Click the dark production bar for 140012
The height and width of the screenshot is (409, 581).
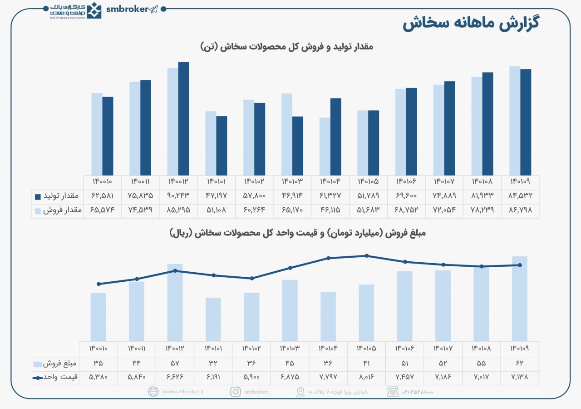183,118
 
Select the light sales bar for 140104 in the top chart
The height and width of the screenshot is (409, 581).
325,146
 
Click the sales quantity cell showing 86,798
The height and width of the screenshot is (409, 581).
520,210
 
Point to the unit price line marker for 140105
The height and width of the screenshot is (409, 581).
367,256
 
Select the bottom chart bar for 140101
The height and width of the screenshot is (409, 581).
213,319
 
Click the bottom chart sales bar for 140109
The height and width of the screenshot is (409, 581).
520,299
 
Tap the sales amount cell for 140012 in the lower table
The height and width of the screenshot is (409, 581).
175,364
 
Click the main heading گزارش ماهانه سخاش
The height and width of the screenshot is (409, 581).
471,24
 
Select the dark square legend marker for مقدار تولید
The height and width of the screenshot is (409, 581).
38,197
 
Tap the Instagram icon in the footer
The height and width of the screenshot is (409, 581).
235,392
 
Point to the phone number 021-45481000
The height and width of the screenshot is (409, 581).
418,392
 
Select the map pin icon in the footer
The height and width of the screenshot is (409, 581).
300,392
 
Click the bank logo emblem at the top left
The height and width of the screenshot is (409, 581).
94,10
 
